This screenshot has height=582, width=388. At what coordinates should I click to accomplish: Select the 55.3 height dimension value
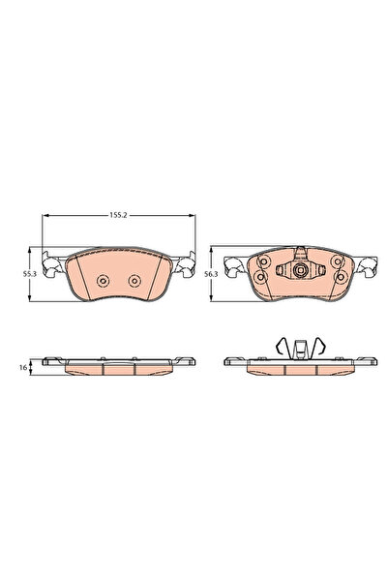click(28, 275)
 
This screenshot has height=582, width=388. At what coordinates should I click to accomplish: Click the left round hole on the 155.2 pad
click(102, 282)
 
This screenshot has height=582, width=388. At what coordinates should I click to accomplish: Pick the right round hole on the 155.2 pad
click(134, 282)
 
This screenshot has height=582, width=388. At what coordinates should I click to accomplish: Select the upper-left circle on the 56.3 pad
click(261, 262)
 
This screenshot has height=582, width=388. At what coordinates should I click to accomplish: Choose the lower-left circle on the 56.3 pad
click(260, 278)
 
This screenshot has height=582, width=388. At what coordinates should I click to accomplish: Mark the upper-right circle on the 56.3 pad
click(335, 262)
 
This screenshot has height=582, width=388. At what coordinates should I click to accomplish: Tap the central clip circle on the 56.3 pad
click(298, 272)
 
